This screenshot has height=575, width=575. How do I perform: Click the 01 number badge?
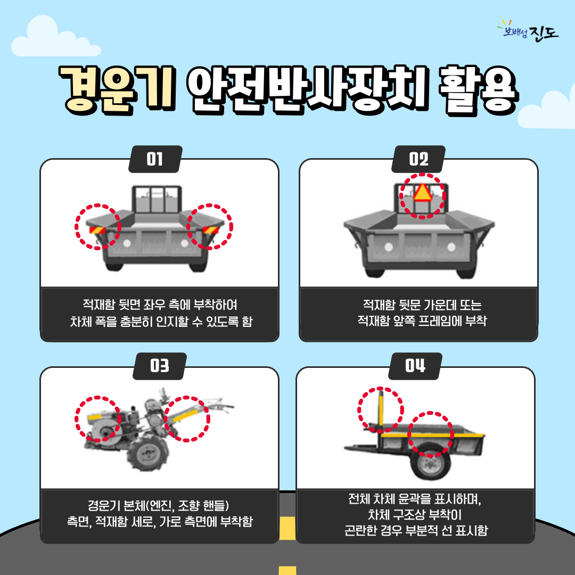pyautogui.click(x=155, y=159)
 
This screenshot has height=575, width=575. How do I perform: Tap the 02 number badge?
pyautogui.click(x=418, y=159)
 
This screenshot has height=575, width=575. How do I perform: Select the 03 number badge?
pyautogui.click(x=160, y=366)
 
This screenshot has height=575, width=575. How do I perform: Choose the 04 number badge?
pyautogui.click(x=415, y=366)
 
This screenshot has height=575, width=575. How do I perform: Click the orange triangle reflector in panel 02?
pyautogui.click(x=422, y=193)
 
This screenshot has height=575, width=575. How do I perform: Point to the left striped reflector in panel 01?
pyautogui.click(x=97, y=230)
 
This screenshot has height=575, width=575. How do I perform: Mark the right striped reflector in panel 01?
pyautogui.click(x=210, y=230)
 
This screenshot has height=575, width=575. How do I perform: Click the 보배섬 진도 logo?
pyautogui.click(x=528, y=31)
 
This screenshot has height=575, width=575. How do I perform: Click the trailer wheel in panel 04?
pyautogui.click(x=430, y=462)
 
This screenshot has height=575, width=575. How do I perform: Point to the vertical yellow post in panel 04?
pyautogui.click(x=381, y=410)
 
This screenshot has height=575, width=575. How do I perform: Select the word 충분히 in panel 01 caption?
pyautogui.click(x=136, y=322)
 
